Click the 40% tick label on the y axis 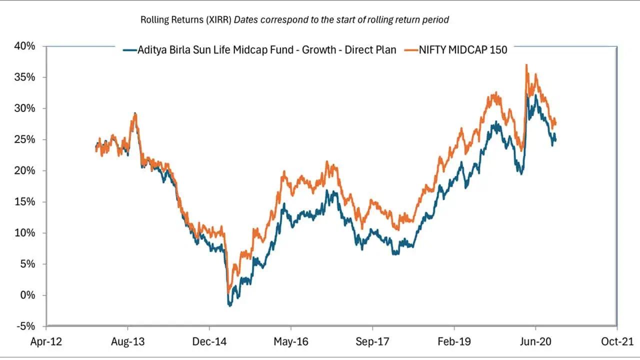[25, 46]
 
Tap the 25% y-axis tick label [25, 139]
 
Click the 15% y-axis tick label [25, 202]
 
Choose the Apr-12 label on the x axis [46, 342]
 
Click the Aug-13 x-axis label [127, 342]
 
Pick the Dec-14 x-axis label [209, 342]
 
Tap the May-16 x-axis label [290, 342]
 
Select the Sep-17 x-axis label [372, 342]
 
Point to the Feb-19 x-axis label [453, 342]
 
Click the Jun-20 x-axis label [535, 342]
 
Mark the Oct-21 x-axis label [616, 342]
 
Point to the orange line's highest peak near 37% [526, 64]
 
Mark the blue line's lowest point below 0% [230, 305]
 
